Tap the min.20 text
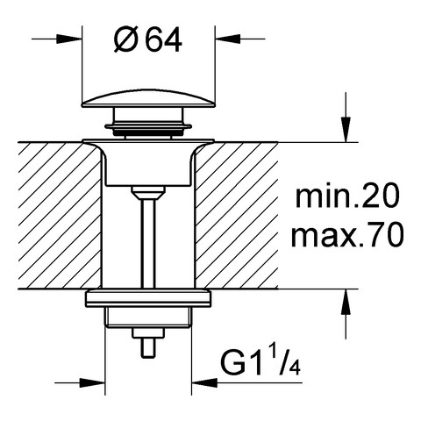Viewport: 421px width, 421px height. (x=347, y=197)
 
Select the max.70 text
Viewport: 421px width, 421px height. (x=347, y=234)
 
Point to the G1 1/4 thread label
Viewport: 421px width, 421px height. (x=260, y=362)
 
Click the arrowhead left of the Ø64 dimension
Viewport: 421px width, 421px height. (x=69, y=39)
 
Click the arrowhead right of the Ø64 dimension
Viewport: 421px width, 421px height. (x=227, y=39)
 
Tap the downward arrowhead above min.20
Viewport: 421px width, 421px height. (x=346, y=130)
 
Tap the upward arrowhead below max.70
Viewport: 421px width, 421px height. (x=346, y=302)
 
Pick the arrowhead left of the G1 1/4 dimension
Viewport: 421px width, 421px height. (x=92, y=382)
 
